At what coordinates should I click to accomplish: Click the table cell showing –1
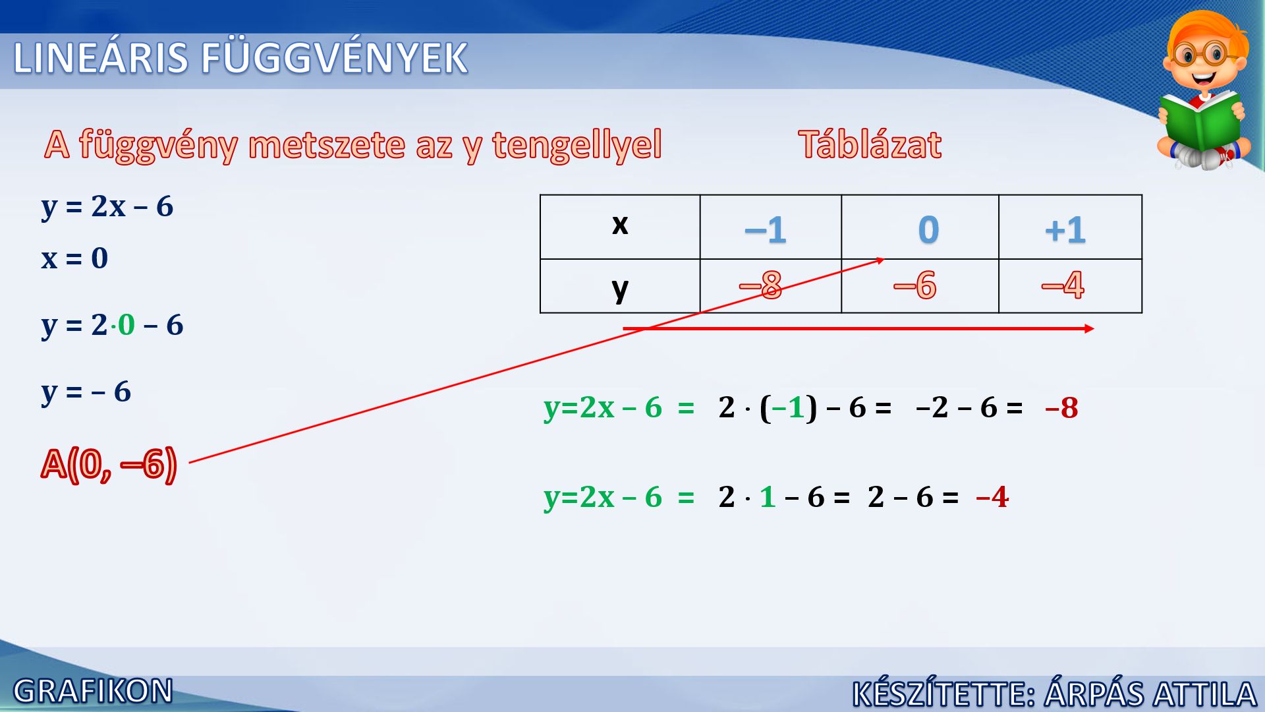(x=770, y=227)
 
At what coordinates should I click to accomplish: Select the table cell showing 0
(x=920, y=227)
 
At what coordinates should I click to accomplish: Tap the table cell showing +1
(x=1070, y=227)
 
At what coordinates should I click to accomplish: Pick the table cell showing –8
(x=770, y=285)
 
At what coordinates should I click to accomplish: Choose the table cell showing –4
(x=1070, y=285)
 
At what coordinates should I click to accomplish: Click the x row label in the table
(x=620, y=225)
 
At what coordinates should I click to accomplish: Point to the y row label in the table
(x=620, y=289)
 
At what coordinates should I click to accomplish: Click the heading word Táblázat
(x=870, y=144)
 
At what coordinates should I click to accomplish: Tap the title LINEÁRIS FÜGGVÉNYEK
(x=240, y=58)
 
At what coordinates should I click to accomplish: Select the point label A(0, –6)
(x=109, y=464)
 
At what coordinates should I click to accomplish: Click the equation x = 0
(x=74, y=258)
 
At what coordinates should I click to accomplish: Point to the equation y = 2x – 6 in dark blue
(x=107, y=206)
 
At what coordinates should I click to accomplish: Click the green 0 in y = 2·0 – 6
(x=126, y=324)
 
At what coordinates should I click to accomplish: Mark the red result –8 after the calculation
(x=1061, y=407)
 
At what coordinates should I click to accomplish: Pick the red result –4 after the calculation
(x=992, y=497)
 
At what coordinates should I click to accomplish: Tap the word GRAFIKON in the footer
(x=93, y=691)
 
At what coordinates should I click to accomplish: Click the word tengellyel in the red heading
(x=576, y=146)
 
